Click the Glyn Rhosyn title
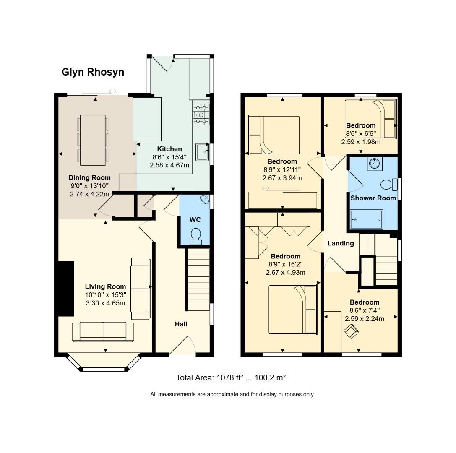(93, 72)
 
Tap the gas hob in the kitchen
(201, 115)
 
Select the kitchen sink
(202, 152)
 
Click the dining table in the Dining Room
(93, 140)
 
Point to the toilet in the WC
(195, 237)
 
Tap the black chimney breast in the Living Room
(66, 289)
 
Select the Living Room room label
(105, 286)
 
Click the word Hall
(181, 324)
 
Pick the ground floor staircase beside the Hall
(198, 280)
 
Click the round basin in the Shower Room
(374, 164)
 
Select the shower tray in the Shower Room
(366, 219)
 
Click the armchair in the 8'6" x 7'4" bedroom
(351, 331)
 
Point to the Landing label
(341, 243)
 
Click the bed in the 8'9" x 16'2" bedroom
(292, 310)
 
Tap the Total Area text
(231, 377)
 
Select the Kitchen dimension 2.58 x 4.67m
(169, 165)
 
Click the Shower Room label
(373, 198)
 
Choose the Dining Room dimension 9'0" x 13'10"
(90, 186)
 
